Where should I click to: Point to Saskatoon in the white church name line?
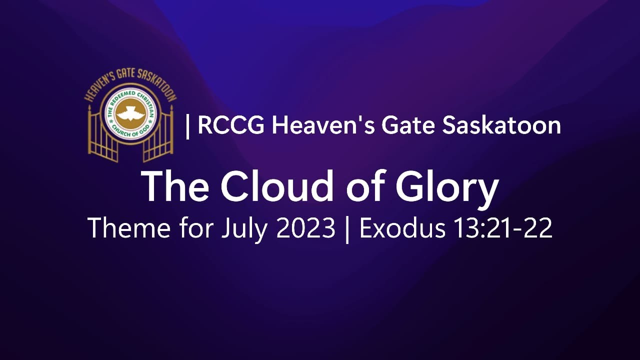[x=501, y=125]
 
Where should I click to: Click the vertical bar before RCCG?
[x=187, y=125]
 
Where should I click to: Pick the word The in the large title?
[x=175, y=186]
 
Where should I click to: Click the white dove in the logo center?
[x=130, y=112]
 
